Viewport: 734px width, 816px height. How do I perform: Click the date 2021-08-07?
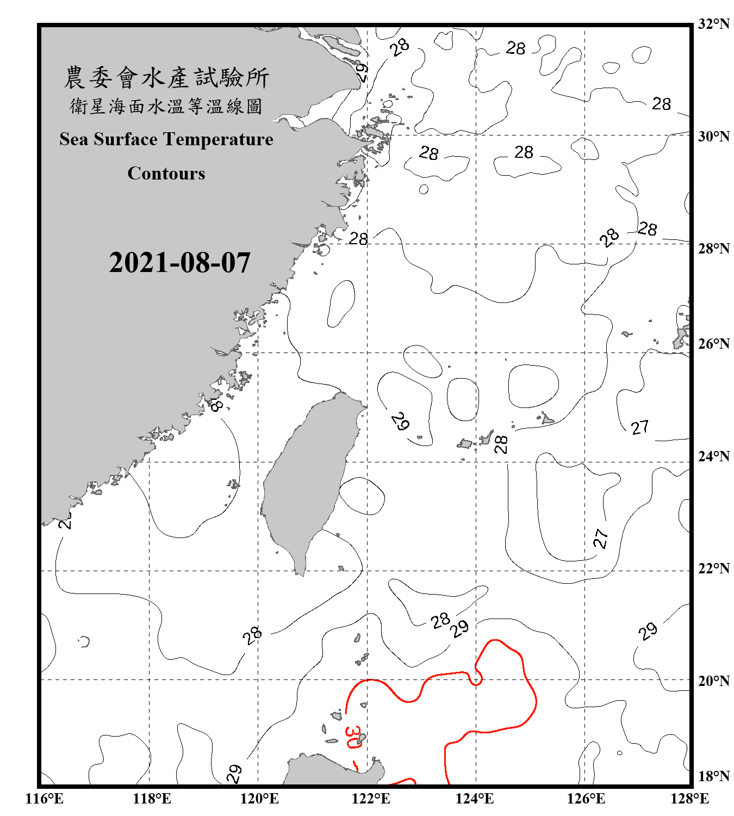pos(179,263)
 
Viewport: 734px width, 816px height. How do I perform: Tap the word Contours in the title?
pos(166,174)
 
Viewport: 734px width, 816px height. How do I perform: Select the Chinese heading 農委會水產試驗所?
pos(166,77)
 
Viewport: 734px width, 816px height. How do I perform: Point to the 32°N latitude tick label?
pos(714,24)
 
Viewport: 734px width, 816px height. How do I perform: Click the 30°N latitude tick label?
pos(714,137)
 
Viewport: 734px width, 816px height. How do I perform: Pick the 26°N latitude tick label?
pos(714,344)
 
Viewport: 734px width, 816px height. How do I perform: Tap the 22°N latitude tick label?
pos(714,568)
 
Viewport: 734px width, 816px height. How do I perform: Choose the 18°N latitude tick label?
pos(714,776)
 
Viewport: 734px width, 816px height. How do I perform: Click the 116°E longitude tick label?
pos(44,799)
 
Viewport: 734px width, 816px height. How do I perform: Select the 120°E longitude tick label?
pos(259,799)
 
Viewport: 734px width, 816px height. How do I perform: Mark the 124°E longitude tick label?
pos(475,799)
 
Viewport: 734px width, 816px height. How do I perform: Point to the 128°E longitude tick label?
pos(689,799)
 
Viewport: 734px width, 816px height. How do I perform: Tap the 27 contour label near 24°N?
pos(640,427)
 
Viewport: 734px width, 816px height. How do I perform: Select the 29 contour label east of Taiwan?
pos(400,422)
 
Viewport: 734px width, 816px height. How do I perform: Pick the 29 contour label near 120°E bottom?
pos(234,773)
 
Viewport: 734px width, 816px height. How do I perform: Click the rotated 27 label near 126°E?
pos(600,538)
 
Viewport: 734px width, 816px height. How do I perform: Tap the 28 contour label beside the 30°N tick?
pos(661,103)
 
